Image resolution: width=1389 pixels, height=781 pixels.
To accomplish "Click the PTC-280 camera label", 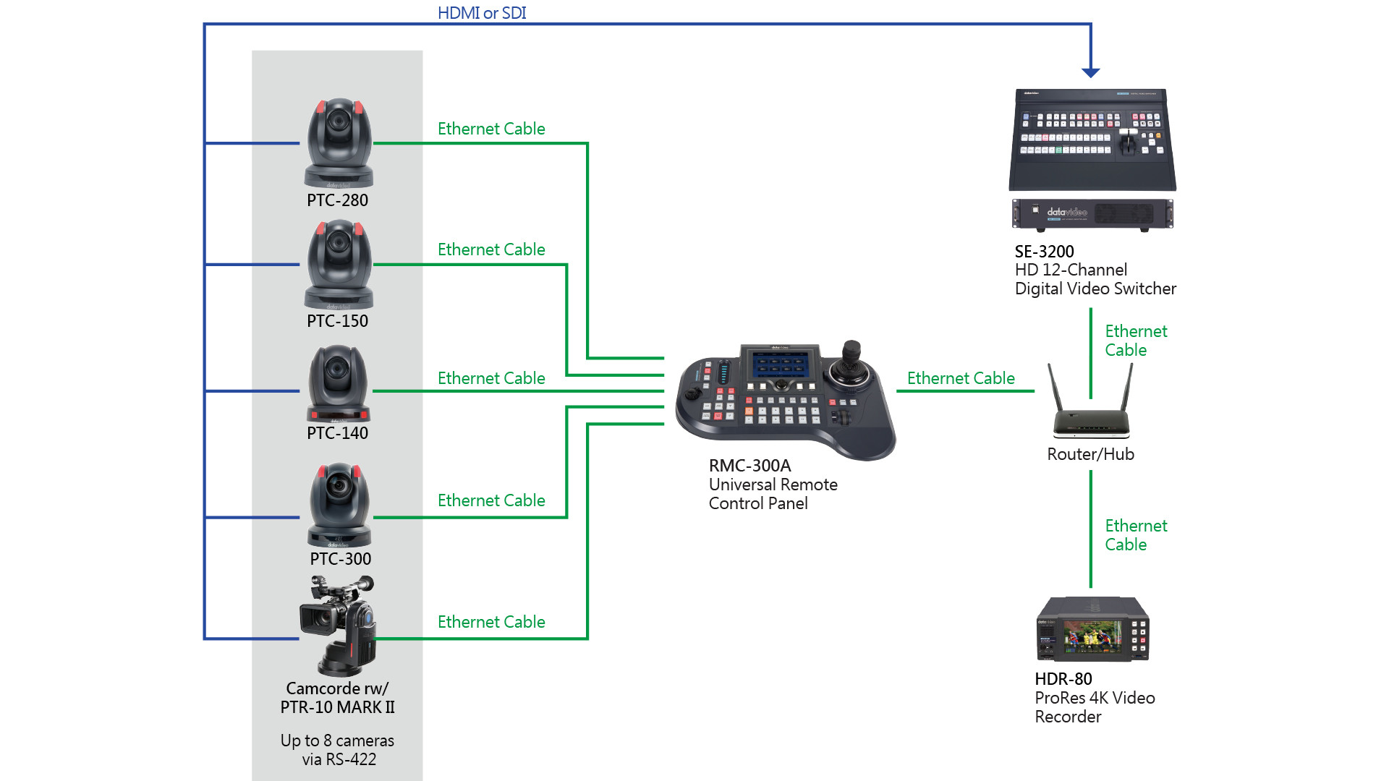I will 337,200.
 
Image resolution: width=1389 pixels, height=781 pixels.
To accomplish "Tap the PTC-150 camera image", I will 339,264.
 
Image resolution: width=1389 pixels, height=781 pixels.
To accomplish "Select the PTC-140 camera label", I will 337,433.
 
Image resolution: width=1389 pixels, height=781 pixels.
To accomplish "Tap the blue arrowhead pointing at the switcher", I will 1090,72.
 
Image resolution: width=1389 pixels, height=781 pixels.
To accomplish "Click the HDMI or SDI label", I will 482,13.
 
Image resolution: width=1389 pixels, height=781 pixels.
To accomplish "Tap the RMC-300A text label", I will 749,466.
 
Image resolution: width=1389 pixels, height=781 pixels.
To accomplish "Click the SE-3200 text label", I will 1044,252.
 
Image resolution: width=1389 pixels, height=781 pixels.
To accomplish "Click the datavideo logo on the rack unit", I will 1067,212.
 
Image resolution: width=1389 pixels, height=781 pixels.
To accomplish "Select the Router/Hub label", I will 1090,454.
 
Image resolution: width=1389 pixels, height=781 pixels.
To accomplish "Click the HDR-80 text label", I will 1063,679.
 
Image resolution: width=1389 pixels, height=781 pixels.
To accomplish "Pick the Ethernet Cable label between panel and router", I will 961,378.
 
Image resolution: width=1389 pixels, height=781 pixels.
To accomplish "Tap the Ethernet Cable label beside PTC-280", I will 491,129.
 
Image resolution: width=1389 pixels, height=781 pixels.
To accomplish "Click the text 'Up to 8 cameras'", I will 337,741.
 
